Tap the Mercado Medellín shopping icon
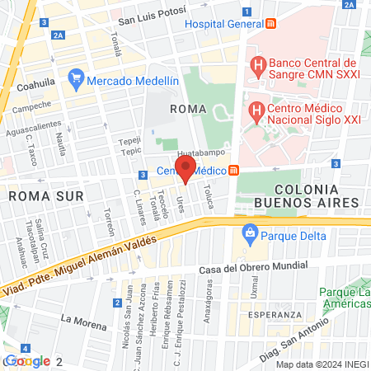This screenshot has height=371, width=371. point(77,80)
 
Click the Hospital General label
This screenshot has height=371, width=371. point(222,23)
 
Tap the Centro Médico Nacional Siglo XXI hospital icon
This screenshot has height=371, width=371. point(257,109)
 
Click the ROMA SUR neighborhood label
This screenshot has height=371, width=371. point(36,197)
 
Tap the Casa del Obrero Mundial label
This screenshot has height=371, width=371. point(253,267)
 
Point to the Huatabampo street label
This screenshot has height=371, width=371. point(200,153)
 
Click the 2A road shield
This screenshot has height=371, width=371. point(58,35)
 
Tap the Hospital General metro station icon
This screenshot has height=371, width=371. point(271,23)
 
